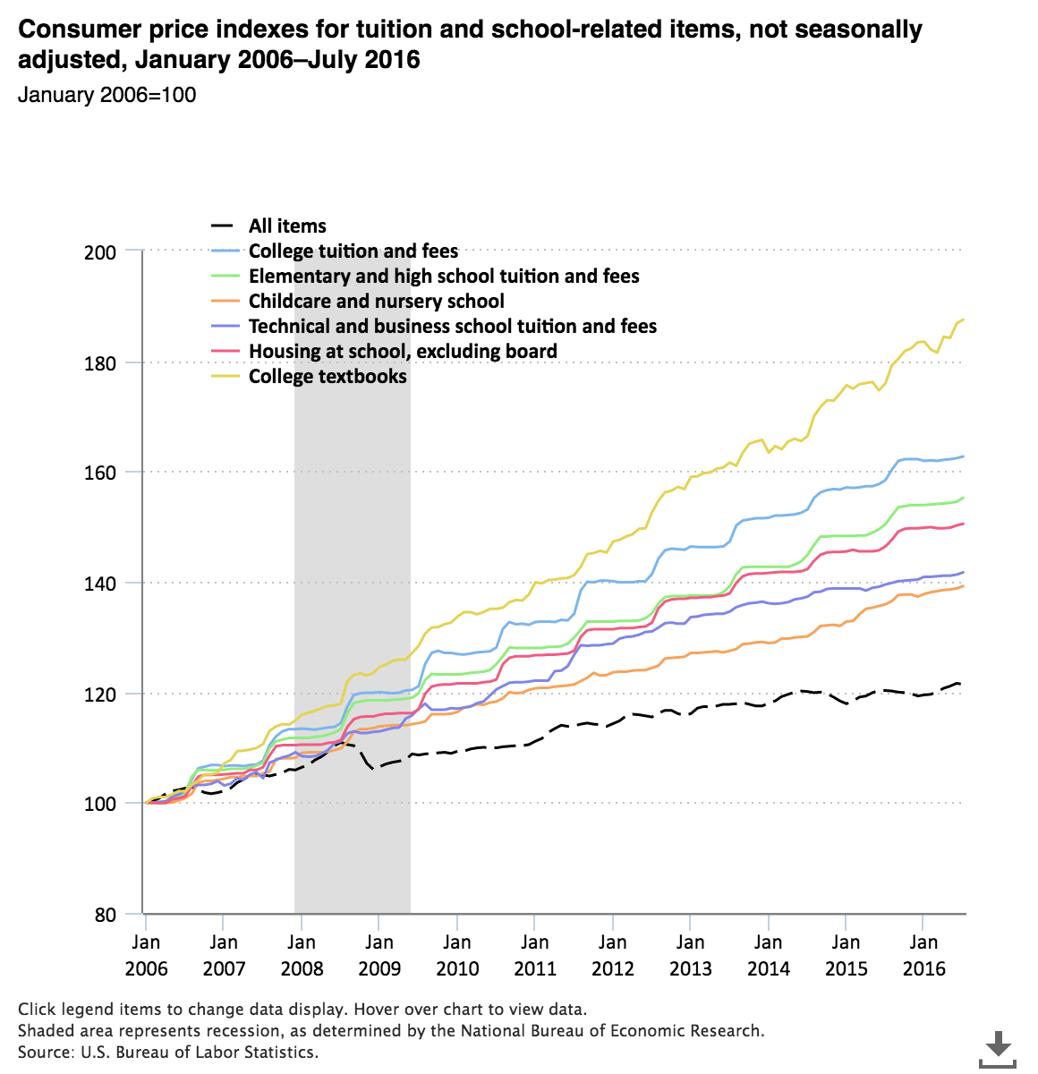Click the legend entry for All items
tap(287, 226)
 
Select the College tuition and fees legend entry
tap(353, 251)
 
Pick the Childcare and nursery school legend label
tap(376, 302)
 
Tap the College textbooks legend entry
tap(328, 377)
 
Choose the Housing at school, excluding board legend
tap(403, 352)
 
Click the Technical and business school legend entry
tap(452, 327)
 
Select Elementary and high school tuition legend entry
tap(444, 277)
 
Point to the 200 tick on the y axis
tap(101, 252)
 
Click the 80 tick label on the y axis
tap(106, 915)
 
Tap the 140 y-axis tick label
tap(101, 584)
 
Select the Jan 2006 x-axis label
tap(146, 955)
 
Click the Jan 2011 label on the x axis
tap(535, 955)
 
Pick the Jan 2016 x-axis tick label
tap(923, 955)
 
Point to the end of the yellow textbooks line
tap(963, 320)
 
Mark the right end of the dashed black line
tap(959, 684)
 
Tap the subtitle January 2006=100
tap(107, 95)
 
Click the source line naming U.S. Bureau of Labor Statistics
tap(168, 1052)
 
